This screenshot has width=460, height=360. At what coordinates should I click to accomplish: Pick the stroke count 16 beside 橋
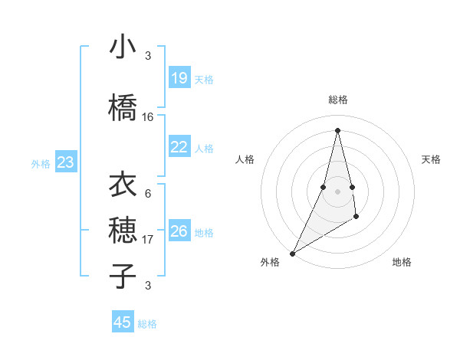[x=148, y=117]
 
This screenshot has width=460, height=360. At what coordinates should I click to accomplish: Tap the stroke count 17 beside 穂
[x=148, y=240]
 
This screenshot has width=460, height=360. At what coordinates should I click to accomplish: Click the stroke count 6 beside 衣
[x=148, y=194]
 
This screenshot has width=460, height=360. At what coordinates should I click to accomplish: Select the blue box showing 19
[x=179, y=78]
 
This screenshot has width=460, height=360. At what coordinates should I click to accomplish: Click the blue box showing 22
[x=179, y=147]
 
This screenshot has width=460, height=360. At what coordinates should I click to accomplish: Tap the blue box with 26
[x=179, y=231]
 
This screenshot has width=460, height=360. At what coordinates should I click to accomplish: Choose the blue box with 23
[x=65, y=162]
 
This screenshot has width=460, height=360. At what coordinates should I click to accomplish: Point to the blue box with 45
[x=123, y=322]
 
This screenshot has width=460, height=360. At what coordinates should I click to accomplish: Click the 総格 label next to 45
[x=147, y=324]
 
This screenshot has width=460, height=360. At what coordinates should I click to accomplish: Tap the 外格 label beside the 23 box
[x=41, y=163]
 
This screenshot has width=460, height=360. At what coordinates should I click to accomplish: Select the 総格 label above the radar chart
[x=337, y=100]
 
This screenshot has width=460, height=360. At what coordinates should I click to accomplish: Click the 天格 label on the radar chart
[x=431, y=159]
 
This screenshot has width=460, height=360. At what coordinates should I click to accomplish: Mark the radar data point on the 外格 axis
[x=292, y=253]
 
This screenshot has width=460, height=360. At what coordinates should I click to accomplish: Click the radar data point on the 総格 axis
[x=337, y=130]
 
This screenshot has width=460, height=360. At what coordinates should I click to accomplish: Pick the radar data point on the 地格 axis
[x=356, y=218]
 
